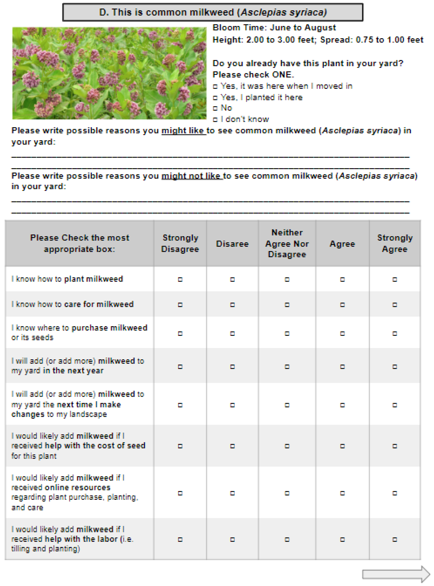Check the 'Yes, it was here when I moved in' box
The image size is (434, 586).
coord(215,86)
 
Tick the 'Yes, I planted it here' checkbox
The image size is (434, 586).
coord(215,98)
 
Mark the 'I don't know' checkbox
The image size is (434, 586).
coord(215,120)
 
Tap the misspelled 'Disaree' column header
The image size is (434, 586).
coord(232,244)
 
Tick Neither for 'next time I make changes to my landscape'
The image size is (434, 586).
coord(287,405)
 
